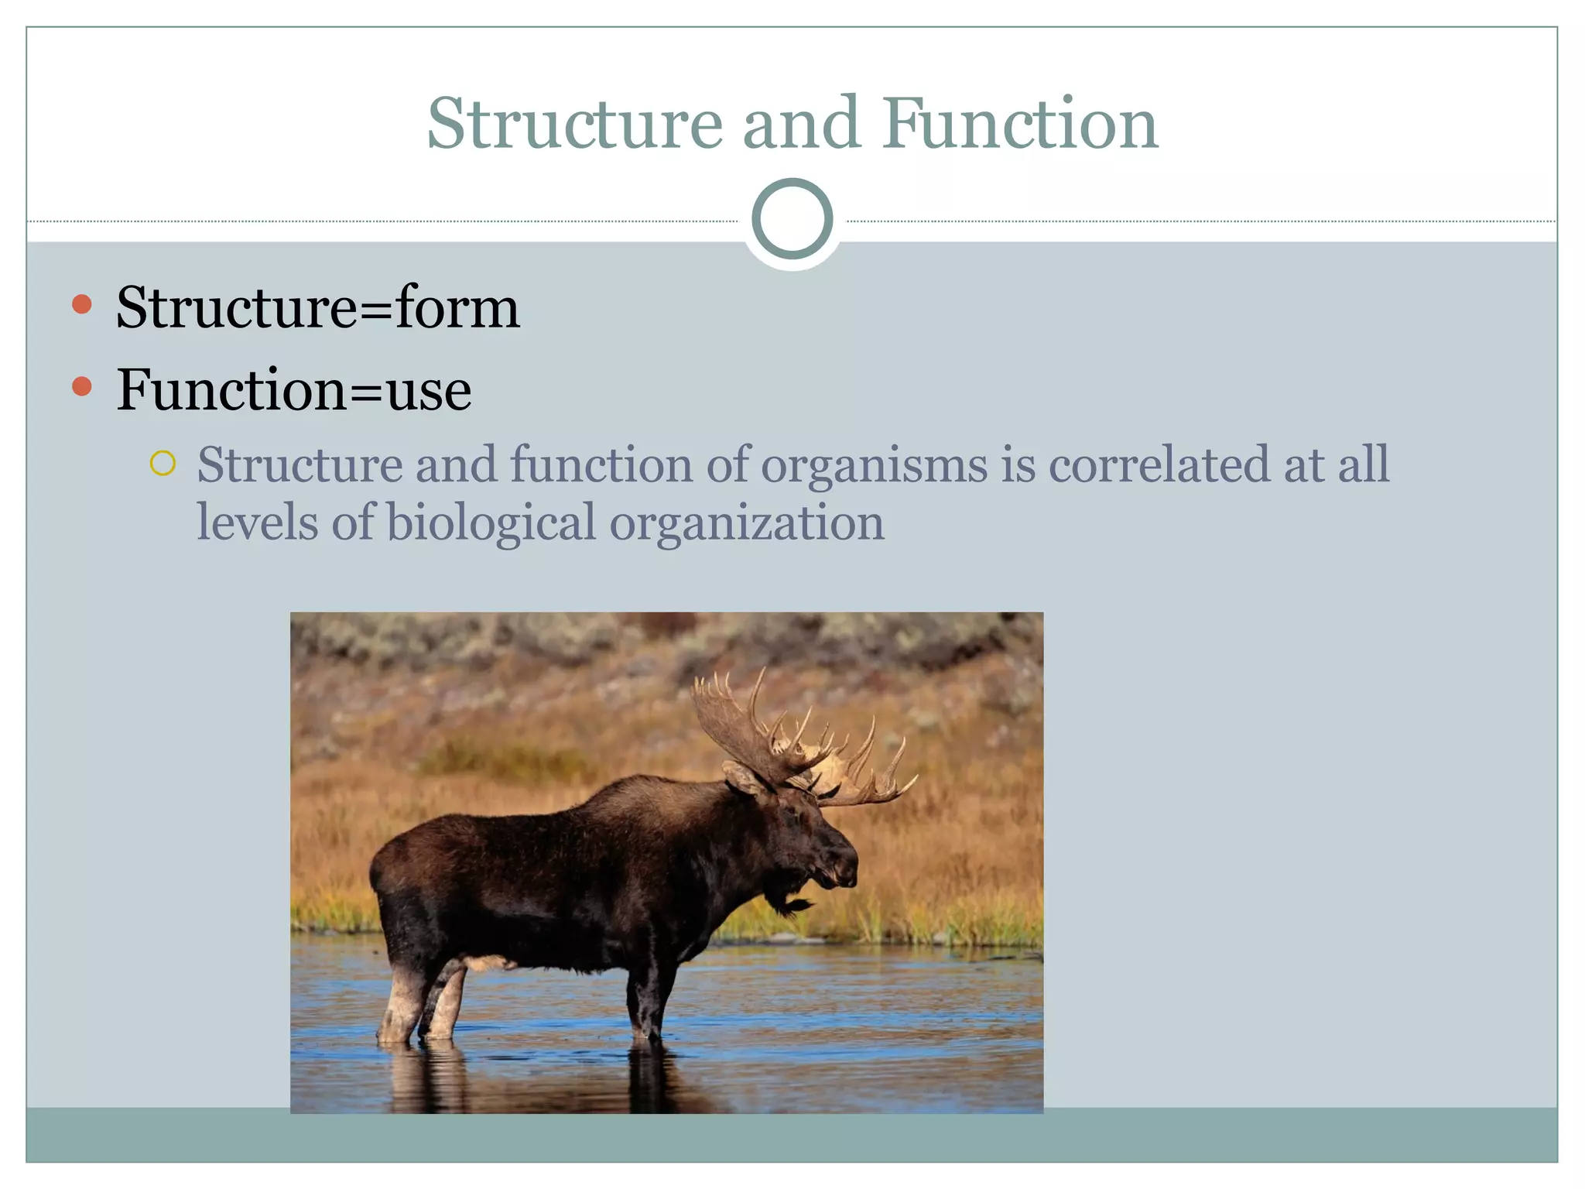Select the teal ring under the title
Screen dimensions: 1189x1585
coord(792,218)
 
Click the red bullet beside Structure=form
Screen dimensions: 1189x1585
coord(81,304)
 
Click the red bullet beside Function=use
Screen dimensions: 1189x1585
coord(81,386)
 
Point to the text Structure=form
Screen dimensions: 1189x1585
coord(317,308)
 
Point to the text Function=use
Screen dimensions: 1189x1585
coord(293,389)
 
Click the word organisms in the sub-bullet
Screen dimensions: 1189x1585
coord(875,466)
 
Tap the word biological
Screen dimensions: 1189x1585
coord(491,523)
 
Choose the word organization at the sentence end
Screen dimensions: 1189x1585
coord(746,524)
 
